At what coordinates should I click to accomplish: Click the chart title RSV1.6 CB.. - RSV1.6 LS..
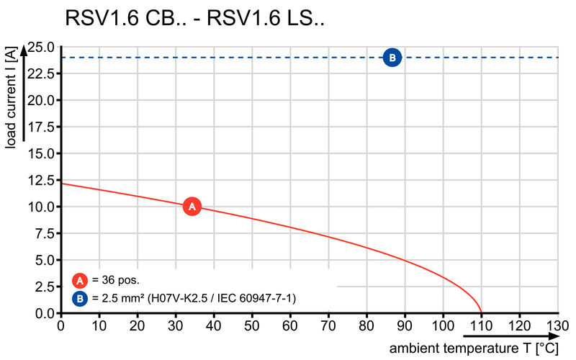[194, 19]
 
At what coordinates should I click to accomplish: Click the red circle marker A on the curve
[192, 207]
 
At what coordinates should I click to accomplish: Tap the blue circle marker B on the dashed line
[392, 58]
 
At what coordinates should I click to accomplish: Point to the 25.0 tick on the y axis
[42, 47]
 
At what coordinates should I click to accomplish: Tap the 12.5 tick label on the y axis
[42, 180]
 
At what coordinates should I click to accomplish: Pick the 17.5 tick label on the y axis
[42, 127]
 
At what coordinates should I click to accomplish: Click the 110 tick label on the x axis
[481, 325]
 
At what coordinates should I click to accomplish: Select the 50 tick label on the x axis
[252, 325]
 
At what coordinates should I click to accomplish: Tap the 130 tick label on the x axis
[557, 325]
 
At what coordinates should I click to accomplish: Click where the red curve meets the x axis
[481, 313]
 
